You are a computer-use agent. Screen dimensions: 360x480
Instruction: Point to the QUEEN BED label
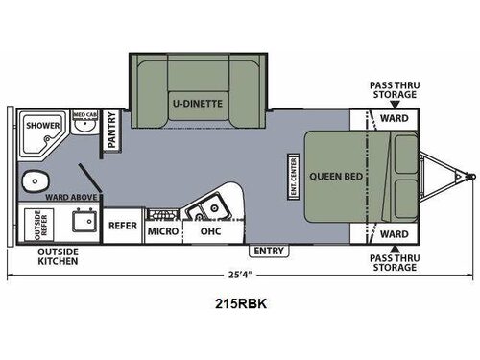click(334, 177)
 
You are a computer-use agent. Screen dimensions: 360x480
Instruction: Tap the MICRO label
click(158, 231)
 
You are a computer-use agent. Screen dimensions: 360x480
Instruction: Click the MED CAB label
click(85, 115)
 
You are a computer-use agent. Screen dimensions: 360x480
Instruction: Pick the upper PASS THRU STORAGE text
click(393, 90)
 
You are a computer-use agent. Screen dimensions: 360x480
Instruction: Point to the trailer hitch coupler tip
click(471, 176)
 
